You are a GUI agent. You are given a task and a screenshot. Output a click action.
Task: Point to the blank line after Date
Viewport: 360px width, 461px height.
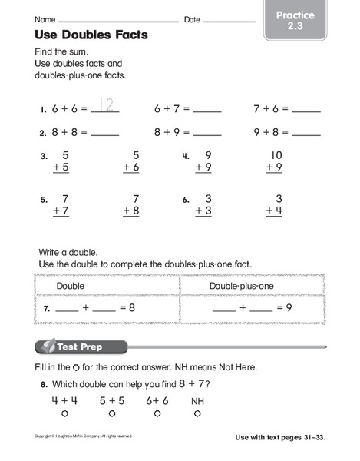pyautogui.click(x=229, y=20)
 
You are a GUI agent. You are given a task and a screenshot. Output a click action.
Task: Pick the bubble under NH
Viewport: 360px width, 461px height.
pyautogui.click(x=197, y=413)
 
